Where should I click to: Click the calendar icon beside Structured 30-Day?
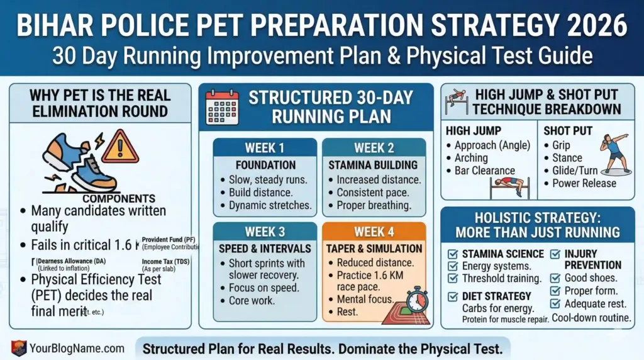click(x=223, y=108)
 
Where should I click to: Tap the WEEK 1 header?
click(x=264, y=148)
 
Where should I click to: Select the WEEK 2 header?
click(x=374, y=148)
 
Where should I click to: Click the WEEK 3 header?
click(x=264, y=232)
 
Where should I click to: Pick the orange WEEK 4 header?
click(x=374, y=232)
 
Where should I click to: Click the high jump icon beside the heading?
click(x=457, y=101)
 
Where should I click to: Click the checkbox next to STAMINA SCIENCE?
click(x=452, y=254)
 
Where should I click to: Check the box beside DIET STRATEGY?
click(x=452, y=296)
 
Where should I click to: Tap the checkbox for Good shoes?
click(x=556, y=278)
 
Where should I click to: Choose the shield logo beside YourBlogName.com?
click(x=19, y=347)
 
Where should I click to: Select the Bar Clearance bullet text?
click(x=484, y=171)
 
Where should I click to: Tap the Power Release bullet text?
click(x=584, y=183)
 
